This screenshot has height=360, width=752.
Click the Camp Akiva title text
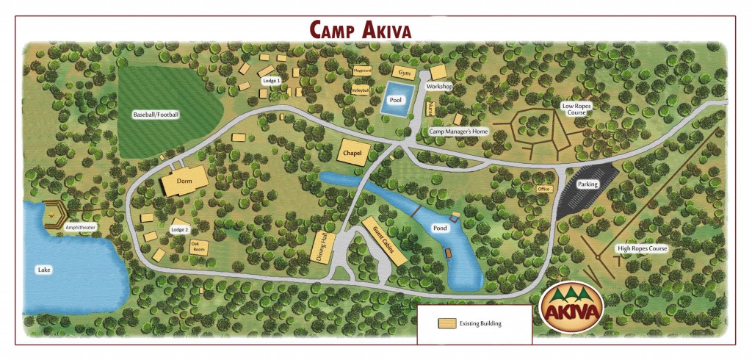pyautogui.click(x=359, y=29)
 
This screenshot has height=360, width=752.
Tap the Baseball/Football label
pyautogui.click(x=156, y=115)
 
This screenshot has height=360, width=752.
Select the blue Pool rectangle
pyautogui.click(x=397, y=99)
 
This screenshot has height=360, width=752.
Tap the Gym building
pyautogui.click(x=403, y=73)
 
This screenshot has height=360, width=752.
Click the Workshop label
pyautogui.click(x=439, y=86)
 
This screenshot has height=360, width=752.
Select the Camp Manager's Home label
pyautogui.click(x=458, y=131)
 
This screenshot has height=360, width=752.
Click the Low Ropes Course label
pyautogui.click(x=576, y=109)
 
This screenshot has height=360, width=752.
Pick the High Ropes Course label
pyautogui.click(x=642, y=249)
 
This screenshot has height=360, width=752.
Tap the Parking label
pyautogui.click(x=587, y=184)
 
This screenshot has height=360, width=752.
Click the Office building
pyautogui.click(x=544, y=189)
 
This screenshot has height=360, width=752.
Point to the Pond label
pyautogui.click(x=440, y=228)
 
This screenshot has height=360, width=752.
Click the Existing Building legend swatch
pyautogui.click(x=444, y=323)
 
